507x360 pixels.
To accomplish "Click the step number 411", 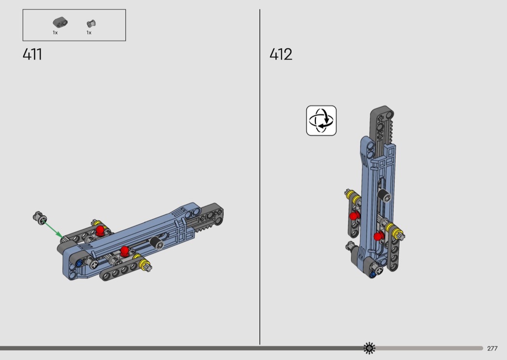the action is [32, 55].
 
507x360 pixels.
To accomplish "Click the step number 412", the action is [281, 55].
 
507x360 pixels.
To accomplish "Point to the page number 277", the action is [492, 348].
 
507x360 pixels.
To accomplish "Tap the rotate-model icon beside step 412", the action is [322, 121].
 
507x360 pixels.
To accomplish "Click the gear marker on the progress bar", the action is [369, 348].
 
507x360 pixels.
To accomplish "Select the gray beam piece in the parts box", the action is [60, 23].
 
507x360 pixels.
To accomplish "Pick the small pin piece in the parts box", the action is [91, 24].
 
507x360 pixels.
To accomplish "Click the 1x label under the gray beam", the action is [56, 33].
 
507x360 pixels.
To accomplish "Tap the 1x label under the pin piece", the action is [89, 33].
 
